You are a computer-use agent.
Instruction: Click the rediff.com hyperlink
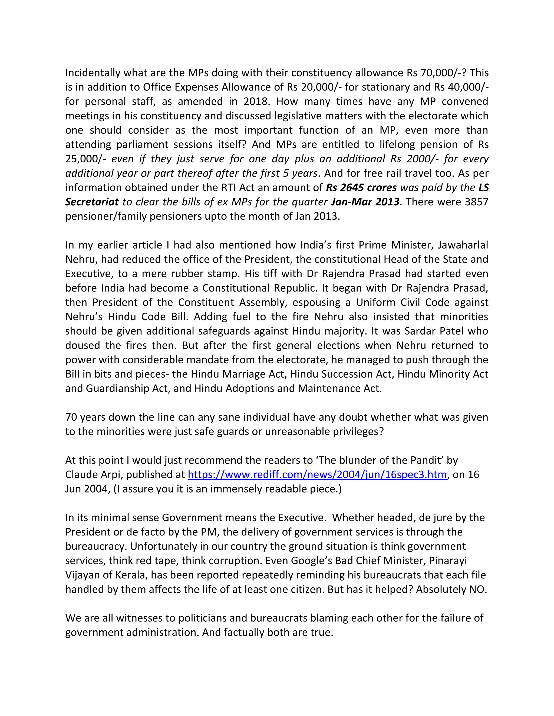click(317, 474)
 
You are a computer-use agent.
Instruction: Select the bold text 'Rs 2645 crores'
click(361, 188)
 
